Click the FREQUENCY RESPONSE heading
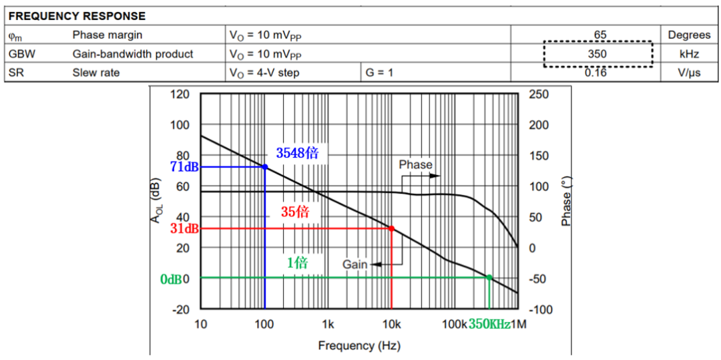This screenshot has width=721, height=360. (77, 15)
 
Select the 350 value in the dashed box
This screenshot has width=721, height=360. (597, 54)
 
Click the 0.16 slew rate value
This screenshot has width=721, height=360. (596, 72)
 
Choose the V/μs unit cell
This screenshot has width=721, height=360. (689, 72)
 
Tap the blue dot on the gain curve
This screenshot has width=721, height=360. (265, 167)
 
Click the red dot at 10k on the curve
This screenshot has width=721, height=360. (391, 228)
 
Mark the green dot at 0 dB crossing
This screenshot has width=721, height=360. (489, 278)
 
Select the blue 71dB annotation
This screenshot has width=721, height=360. (185, 167)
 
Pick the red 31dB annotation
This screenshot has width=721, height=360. (185, 229)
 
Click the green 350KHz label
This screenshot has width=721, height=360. (489, 325)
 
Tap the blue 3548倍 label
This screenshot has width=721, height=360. (297, 153)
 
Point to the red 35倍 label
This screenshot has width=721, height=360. (294, 212)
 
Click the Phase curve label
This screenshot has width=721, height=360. (415, 164)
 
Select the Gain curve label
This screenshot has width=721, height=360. (355, 264)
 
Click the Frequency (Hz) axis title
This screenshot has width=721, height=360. (359, 345)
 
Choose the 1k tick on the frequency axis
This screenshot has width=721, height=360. (328, 325)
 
